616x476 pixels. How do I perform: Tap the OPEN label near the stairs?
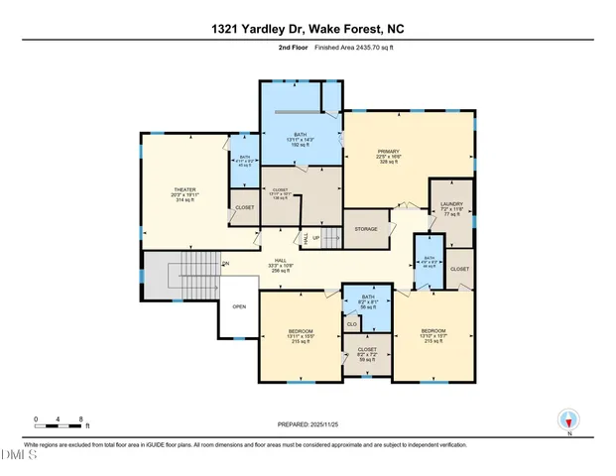pyautogui.click(x=239, y=306)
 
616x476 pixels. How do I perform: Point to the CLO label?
pyautogui.click(x=351, y=324)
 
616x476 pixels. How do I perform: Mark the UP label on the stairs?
pyautogui.click(x=316, y=238)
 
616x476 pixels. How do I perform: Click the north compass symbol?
pyautogui.click(x=568, y=421)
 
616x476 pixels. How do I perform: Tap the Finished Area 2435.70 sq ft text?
pyautogui.click(x=344, y=47)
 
